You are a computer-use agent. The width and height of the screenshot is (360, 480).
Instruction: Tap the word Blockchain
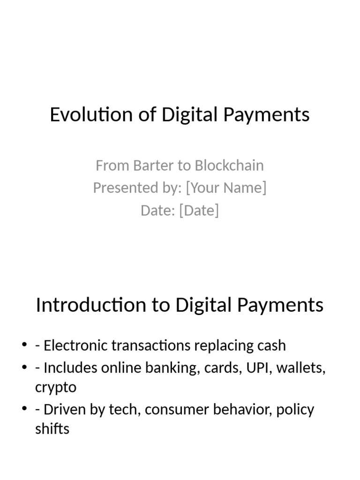(x=229, y=165)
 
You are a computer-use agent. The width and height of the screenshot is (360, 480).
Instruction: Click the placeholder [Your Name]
(x=226, y=187)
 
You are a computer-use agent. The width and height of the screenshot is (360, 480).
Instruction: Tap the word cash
(x=270, y=345)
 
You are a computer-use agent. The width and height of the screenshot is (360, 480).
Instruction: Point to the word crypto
(x=56, y=388)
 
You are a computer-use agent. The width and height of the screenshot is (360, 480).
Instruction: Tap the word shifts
(x=52, y=428)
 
